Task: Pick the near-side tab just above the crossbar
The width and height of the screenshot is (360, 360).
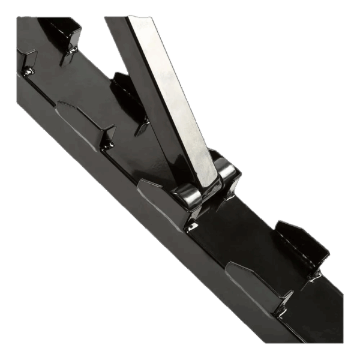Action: [84, 123]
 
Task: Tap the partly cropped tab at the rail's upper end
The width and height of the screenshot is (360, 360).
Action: [25, 60]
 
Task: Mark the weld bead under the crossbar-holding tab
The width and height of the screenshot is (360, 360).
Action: [191, 227]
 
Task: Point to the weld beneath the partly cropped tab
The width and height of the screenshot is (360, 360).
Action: [27, 73]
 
